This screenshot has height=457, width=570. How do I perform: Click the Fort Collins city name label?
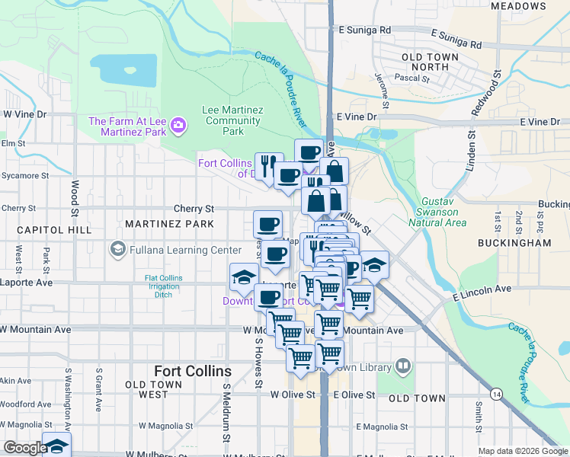coord(192,371)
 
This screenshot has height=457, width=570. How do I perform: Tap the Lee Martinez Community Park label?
coord(232,120)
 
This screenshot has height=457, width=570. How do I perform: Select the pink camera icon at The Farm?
coord(178,124)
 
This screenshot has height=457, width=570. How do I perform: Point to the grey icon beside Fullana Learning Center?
coord(117,248)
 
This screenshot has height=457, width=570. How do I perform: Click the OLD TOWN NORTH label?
coord(430,62)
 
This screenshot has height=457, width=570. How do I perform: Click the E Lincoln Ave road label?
coord(482,291)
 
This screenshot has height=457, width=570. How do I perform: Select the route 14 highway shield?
coord(497,394)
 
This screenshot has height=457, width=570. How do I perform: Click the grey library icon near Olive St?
coord(402,366)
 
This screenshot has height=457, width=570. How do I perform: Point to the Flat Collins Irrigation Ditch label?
coord(164,286)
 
